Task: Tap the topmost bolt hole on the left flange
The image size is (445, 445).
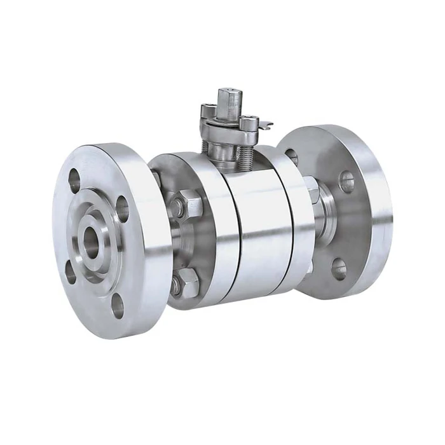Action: click(75, 180)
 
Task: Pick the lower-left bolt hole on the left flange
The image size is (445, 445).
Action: click(71, 273)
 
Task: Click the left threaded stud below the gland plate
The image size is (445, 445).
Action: click(205, 146)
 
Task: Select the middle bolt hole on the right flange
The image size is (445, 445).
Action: click(346, 182)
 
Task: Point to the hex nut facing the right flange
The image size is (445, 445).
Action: click(311, 189)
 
